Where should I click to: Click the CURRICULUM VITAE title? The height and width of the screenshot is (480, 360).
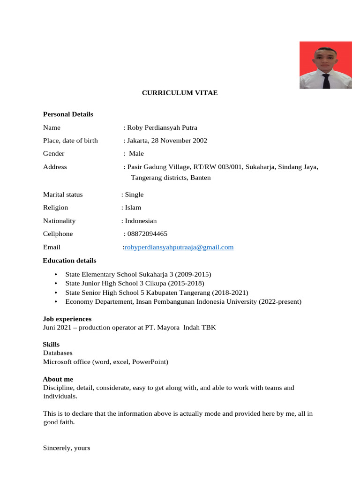(x=180, y=93)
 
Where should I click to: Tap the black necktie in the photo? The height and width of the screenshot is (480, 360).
(x=326, y=81)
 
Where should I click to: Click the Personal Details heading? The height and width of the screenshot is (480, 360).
(x=68, y=114)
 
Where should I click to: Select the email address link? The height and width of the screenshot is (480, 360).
(x=179, y=247)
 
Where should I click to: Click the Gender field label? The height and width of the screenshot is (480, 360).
(x=54, y=154)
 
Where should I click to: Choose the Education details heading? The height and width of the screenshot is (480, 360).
(x=69, y=261)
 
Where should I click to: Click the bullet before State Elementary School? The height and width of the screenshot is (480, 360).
(x=56, y=274)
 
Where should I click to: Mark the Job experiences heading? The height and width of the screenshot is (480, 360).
(x=67, y=319)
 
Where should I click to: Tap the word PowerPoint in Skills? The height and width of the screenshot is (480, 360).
(x=150, y=362)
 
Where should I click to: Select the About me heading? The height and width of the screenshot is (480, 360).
(x=58, y=379)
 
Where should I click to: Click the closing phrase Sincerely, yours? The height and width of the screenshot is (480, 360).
(x=67, y=448)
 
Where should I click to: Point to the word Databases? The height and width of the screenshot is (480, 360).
(x=58, y=353)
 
